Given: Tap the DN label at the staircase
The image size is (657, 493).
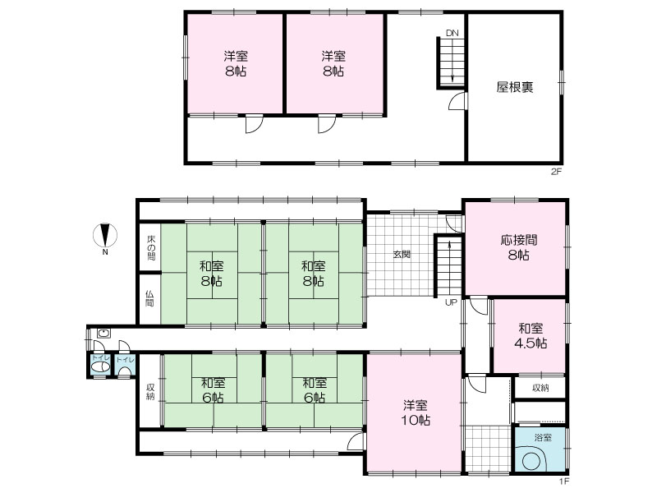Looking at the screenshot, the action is tap(453, 33).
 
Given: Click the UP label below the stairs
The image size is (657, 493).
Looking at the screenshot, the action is tap(451, 302).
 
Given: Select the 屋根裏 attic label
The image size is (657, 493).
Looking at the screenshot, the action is tap(515, 87).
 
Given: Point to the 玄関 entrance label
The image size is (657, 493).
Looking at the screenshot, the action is tap(402, 254).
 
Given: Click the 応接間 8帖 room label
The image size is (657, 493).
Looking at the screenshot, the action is tap(519, 247).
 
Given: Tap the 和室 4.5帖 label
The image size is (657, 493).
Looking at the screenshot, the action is tap(531, 335).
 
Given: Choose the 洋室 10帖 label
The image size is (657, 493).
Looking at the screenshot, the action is tap(416, 412).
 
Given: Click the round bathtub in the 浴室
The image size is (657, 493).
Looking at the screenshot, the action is tap(531, 460).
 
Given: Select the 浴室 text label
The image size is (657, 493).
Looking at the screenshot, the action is tap(543, 438).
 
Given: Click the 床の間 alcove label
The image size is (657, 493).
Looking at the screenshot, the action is tap(151, 247).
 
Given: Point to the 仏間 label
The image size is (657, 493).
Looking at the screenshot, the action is tap(149, 298).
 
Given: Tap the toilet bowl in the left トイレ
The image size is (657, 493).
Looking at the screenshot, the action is tap(100, 367).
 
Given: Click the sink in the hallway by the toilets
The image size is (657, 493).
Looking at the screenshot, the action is tap(103, 334).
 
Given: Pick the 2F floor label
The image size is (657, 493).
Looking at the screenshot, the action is tap(556, 171).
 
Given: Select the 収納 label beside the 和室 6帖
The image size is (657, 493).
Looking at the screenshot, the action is tap(150, 392).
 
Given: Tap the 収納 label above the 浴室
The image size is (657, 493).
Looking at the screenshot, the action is tap(540, 388).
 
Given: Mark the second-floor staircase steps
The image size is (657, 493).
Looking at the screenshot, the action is tap(452, 62).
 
